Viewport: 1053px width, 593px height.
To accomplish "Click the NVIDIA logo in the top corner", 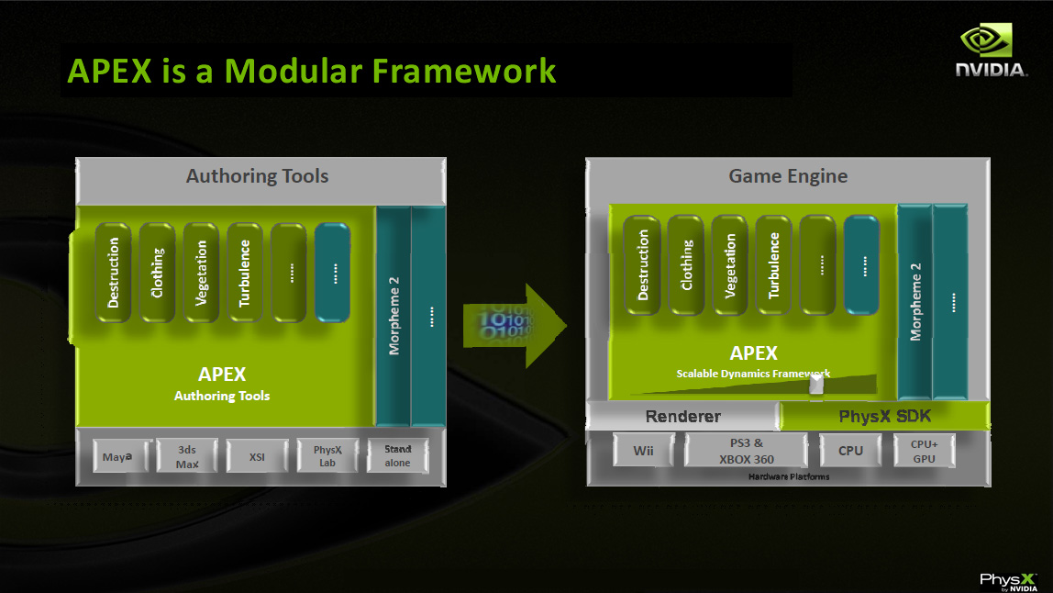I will point(991,51).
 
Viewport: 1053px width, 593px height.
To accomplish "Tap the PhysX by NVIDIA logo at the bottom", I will point(1007,580).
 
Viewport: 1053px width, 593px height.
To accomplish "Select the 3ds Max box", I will point(187,455).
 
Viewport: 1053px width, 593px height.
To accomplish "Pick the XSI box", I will point(257,455).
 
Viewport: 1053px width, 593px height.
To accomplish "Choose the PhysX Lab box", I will point(327,455).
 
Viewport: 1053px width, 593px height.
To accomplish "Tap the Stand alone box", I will point(397,455).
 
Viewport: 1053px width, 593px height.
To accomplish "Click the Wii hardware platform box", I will point(643,451).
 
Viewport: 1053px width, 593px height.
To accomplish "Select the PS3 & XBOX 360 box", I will point(740,451).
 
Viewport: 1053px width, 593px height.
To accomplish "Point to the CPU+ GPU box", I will point(924,451).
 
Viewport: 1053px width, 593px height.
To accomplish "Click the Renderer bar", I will point(682,417).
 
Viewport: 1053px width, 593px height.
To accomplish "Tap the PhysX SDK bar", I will point(884,417).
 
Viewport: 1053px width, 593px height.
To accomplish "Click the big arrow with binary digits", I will point(515,326).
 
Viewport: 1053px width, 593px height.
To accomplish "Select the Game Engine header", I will point(788,176).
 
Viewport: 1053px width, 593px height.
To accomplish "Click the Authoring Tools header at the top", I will point(257,176).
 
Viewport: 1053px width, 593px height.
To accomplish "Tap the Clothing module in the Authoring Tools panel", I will point(158,272).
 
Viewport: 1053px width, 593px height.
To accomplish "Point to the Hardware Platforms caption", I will point(788,476).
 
